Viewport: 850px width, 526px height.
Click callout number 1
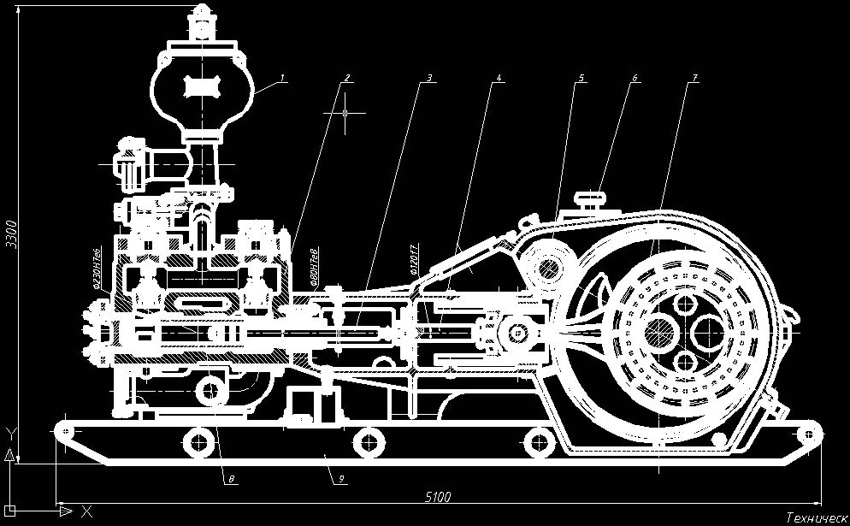point(283,78)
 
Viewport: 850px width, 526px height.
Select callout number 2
point(347,78)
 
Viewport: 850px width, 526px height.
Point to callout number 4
point(498,78)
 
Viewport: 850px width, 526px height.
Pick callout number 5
point(581,78)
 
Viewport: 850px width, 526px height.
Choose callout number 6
point(635,78)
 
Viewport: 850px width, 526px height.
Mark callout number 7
point(695,78)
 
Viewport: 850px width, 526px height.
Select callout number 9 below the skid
point(340,480)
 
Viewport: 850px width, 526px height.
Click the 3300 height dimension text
point(11,232)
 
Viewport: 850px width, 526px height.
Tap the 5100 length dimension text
point(438,497)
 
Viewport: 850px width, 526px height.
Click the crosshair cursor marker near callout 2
point(345,113)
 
